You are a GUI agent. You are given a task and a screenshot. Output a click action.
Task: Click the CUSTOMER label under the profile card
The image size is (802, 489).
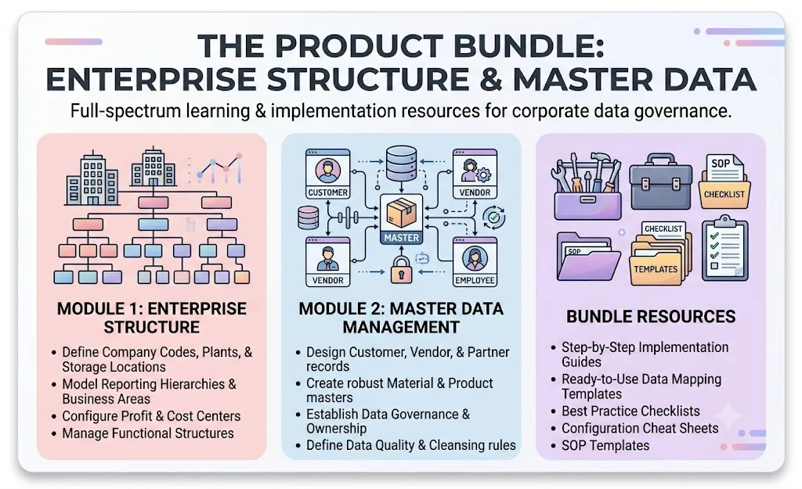click(x=328, y=192)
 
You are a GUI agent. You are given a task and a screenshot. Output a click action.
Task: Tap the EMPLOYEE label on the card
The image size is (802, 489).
click(x=475, y=280)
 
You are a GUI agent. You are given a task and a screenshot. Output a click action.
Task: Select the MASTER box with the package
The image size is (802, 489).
click(x=402, y=219)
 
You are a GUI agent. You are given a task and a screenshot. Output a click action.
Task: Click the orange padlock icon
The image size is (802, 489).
click(x=402, y=270)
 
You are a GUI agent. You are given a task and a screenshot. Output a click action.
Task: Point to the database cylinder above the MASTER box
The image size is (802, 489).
click(x=402, y=164)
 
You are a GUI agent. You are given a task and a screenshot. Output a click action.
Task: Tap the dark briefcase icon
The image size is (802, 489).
click(x=661, y=182)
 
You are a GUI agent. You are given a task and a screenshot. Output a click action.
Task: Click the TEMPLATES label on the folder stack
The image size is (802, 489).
click(x=656, y=269)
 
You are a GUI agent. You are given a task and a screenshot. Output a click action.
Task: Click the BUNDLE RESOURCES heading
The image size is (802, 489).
click(x=651, y=317)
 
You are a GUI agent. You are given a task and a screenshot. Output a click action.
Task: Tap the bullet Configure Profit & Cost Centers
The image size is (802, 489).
click(x=151, y=416)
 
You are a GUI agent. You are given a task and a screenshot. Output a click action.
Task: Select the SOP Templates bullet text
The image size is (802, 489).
click(x=605, y=445)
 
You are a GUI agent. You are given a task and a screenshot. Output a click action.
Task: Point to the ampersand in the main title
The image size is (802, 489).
click(x=491, y=80)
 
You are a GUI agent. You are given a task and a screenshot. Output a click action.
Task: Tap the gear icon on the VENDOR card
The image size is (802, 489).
click(x=483, y=174)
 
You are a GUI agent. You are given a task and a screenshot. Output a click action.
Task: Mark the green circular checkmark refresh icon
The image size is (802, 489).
click(x=493, y=218)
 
